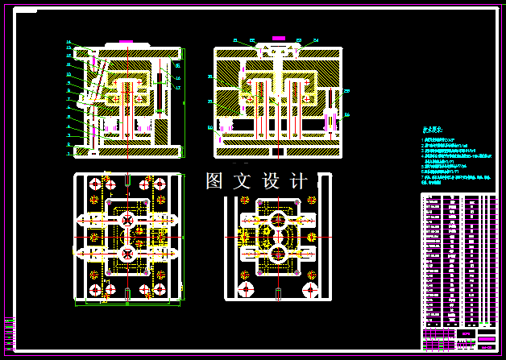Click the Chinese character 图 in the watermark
tap(214, 182)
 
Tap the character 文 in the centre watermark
tap(242, 182)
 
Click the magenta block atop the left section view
tap(125, 40)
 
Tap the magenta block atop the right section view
tap(278, 38)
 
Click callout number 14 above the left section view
tap(68, 42)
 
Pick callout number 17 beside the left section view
tap(177, 87)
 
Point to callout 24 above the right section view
tap(315, 39)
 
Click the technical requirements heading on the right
tap(433, 129)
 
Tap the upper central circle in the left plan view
tap(127, 220)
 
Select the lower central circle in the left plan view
tap(127, 253)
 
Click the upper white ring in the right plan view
tap(278, 218)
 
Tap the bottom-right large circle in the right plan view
tap(310, 288)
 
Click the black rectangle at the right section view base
tap(276, 151)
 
